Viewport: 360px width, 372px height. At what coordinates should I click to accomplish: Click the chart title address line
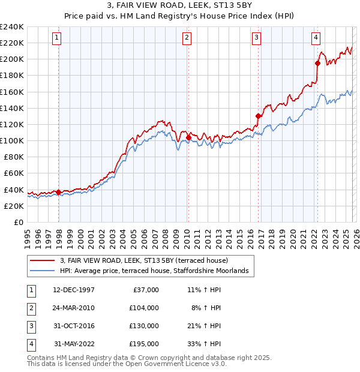coord(179,7)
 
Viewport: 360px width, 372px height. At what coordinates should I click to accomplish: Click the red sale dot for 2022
coord(317,63)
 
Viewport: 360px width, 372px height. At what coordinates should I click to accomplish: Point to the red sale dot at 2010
coord(188,137)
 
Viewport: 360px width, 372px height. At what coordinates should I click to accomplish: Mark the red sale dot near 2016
coord(259,116)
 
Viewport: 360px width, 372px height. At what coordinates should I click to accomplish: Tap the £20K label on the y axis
coord(14,206)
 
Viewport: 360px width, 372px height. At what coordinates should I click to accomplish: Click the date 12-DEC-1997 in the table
coord(74,290)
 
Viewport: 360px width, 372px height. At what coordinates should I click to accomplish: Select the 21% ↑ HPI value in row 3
coord(203,326)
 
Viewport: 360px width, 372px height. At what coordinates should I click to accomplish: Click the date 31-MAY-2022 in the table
coord(74,344)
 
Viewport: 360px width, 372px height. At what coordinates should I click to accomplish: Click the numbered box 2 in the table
coord(30,308)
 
